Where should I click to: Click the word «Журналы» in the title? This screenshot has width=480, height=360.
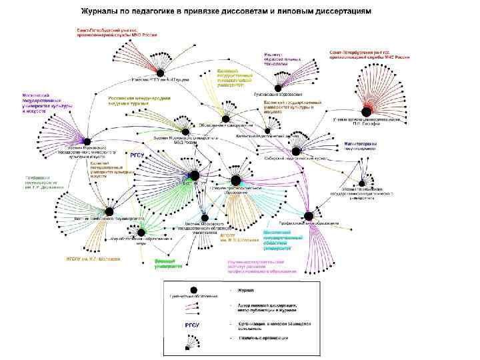[103, 12]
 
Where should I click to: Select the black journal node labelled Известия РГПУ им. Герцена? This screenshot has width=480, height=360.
[160, 71]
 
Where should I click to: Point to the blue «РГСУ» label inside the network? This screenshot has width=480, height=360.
[137, 154]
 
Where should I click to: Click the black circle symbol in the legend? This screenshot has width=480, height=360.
[193, 290]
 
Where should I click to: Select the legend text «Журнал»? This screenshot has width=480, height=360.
[247, 290]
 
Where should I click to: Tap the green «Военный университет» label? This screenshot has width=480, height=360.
[168, 263]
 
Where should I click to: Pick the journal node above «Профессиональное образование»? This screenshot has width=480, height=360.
[309, 215]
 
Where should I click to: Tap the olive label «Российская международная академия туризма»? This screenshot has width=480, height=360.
[139, 100]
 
